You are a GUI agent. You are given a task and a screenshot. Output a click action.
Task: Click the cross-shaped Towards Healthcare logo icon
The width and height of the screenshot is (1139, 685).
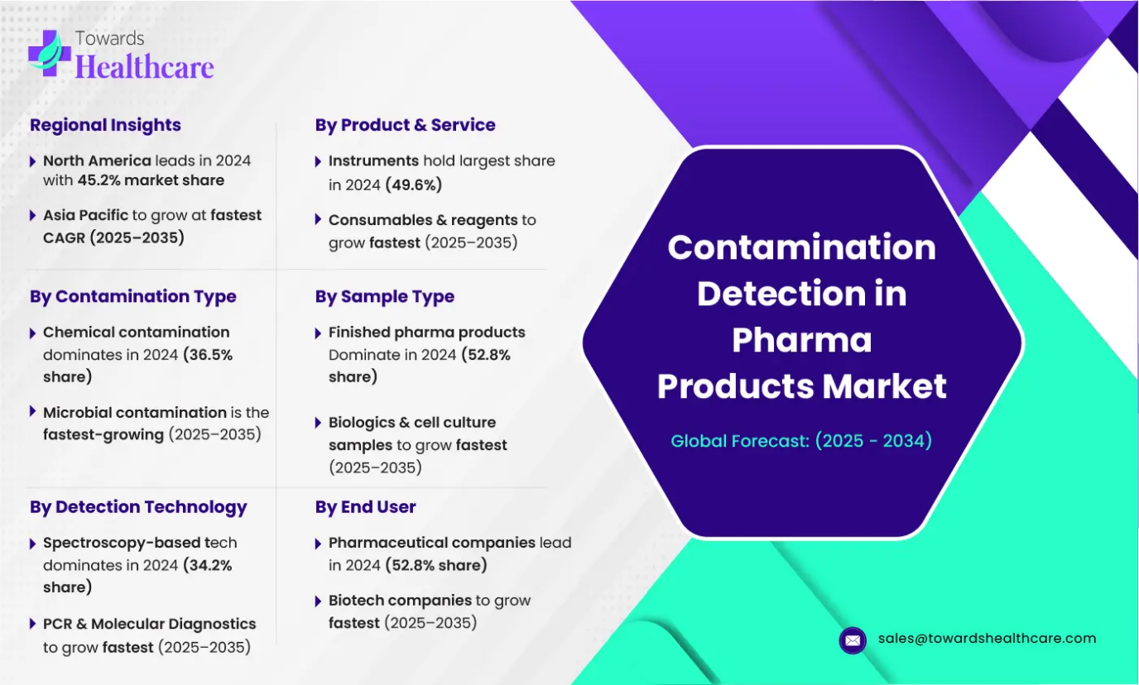(50, 53)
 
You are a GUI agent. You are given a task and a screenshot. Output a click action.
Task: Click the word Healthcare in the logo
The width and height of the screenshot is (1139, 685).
(144, 66)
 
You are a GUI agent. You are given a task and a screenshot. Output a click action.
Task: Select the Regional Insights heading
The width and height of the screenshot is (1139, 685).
(105, 125)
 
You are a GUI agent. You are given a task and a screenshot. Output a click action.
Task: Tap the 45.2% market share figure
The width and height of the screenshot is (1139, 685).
(151, 180)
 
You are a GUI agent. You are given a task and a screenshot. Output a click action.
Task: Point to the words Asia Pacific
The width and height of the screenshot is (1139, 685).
(85, 215)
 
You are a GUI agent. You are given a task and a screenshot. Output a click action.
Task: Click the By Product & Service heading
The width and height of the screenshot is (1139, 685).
(406, 125)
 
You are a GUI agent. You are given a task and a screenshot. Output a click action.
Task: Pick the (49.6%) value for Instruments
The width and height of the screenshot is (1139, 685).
(413, 185)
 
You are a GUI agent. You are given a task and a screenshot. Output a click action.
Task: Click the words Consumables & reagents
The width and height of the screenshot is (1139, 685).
(423, 220)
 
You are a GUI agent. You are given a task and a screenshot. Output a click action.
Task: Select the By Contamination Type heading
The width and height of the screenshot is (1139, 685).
(133, 296)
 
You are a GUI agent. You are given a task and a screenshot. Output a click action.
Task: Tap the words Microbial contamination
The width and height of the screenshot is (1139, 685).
(135, 412)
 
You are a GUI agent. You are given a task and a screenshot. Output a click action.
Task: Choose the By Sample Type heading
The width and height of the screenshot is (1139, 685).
(385, 296)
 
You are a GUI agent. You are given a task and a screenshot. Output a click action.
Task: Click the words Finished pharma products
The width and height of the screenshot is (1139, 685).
(426, 333)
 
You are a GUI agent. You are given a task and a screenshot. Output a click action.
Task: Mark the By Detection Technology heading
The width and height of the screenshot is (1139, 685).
(138, 506)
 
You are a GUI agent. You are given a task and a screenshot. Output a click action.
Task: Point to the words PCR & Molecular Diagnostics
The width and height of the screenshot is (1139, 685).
(150, 624)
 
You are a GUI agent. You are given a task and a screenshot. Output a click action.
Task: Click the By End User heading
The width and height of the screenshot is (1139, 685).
(366, 506)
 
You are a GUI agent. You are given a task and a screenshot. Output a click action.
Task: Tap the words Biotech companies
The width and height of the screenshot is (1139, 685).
(400, 601)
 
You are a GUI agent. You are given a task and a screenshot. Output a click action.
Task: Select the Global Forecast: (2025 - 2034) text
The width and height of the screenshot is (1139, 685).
(801, 441)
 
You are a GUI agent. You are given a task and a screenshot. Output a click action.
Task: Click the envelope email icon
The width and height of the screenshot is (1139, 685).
(853, 640)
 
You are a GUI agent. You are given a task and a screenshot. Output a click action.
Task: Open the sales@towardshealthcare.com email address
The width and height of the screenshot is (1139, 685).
(987, 638)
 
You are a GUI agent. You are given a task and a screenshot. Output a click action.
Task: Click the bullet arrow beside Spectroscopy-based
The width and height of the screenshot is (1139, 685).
(32, 544)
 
